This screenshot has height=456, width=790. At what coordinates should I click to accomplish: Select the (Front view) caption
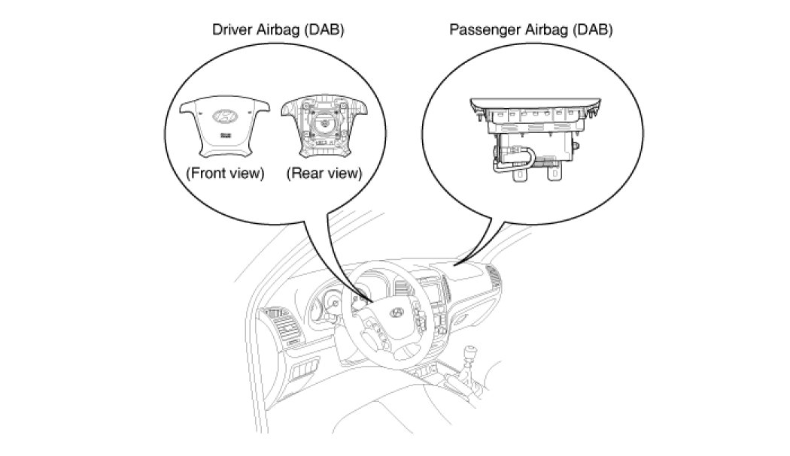click(225, 174)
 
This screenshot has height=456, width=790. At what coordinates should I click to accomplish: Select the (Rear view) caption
click(324, 174)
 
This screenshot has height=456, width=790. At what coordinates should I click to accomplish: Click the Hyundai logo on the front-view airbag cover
click(225, 117)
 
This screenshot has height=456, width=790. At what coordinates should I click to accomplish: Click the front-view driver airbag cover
click(225, 125)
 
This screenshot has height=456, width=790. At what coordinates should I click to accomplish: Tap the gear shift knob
click(472, 351)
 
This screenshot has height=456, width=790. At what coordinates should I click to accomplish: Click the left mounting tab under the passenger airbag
click(518, 177)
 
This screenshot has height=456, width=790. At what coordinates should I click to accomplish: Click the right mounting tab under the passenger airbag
click(554, 177)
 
